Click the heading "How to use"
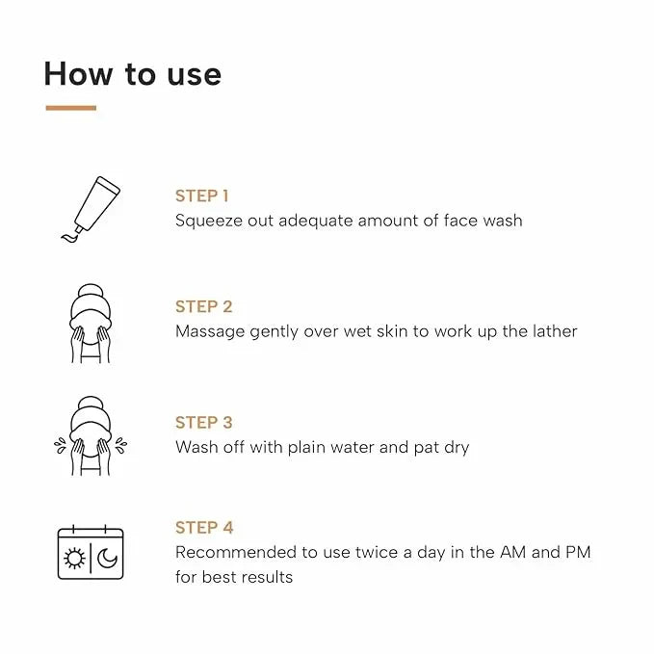point(132,74)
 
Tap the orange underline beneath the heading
point(70,108)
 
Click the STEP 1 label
point(201,196)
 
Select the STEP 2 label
point(203,306)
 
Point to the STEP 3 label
point(203,422)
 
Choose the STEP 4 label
point(204,527)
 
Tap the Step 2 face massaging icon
point(90,324)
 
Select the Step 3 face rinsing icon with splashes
point(90,435)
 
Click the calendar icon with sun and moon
point(90,552)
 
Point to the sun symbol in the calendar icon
point(74,558)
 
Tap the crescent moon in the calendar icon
point(106,558)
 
